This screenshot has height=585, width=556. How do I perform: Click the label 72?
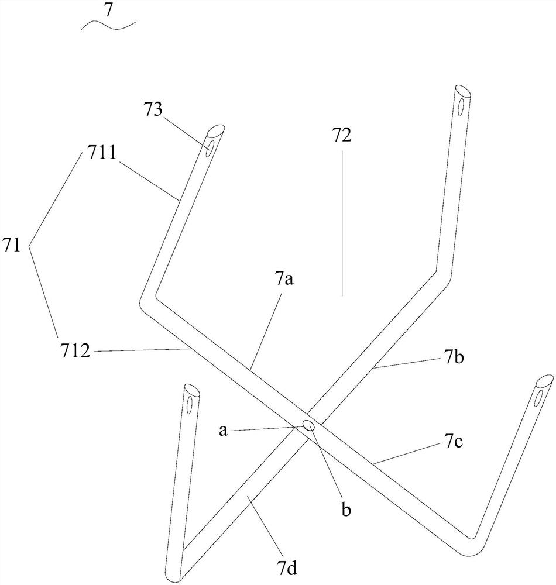tap(342, 136)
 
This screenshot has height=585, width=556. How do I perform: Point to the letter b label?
tap(346, 510)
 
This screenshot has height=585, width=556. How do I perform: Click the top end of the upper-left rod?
tap(215, 130)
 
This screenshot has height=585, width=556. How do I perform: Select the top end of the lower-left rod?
tap(191, 389)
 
